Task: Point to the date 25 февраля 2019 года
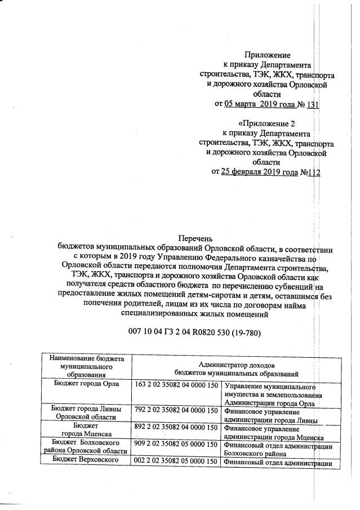pos(260,172)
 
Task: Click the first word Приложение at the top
pos(267,55)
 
